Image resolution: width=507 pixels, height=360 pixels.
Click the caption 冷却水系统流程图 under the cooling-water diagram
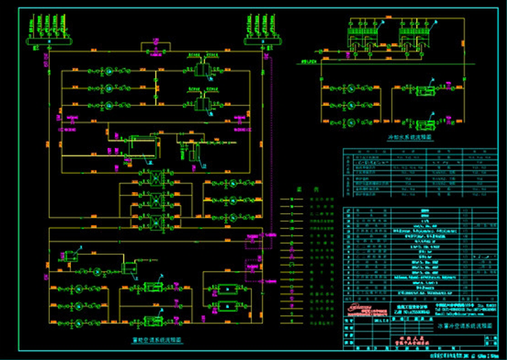click(410, 135)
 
